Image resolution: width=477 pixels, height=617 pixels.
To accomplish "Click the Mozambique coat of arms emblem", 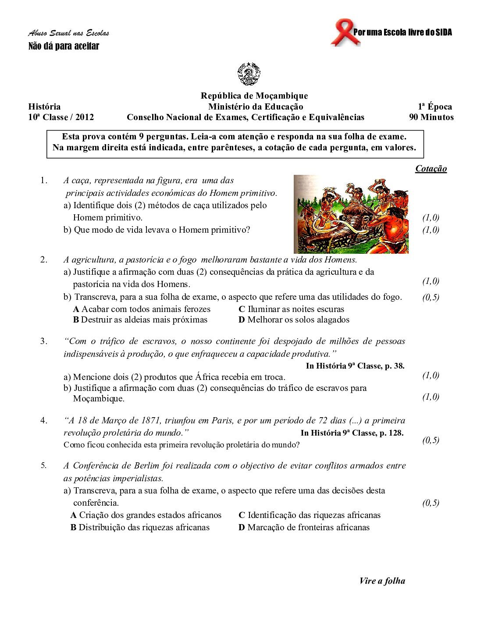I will (249, 74).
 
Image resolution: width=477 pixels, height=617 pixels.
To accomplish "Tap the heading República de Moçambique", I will (254, 96).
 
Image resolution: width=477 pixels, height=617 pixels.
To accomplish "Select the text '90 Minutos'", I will (431, 117).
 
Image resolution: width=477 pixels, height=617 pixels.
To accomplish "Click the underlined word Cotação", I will (431, 169).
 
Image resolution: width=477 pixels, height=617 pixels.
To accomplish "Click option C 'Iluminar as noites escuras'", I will (291, 309).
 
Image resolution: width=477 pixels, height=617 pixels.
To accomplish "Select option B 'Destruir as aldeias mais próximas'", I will (140, 319).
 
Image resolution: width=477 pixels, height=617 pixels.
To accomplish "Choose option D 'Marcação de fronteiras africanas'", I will (304, 527).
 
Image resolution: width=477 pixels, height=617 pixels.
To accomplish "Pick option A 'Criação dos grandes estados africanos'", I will (146, 515).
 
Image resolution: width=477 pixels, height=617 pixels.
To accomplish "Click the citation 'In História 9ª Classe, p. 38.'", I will (355, 365).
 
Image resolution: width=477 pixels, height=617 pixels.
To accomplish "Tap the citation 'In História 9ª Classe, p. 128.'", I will (352, 433).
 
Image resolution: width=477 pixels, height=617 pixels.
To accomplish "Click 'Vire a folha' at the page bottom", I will (382, 581).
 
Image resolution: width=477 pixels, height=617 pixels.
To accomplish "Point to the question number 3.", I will (43, 341).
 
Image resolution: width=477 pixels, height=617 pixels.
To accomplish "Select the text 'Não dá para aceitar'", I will (64, 46).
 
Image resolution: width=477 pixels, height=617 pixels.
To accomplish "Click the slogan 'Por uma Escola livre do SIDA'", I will (402, 32).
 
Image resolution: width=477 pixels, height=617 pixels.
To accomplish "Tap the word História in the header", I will (44, 106).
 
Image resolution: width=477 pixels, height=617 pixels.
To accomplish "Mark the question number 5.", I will (43, 465).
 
